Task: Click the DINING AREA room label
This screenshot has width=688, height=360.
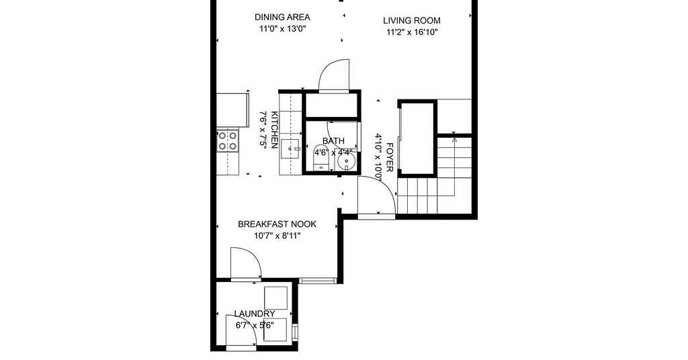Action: [x=282, y=17]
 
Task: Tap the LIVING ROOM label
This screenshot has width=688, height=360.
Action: [x=412, y=20]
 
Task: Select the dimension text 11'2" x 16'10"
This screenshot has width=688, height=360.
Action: [x=412, y=32]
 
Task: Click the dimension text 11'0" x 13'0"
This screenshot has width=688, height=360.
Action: [x=282, y=29]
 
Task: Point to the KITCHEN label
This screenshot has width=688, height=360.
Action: [x=275, y=130]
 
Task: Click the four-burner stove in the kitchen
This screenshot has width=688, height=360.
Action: [x=227, y=141]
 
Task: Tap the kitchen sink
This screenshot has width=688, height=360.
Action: [x=290, y=150]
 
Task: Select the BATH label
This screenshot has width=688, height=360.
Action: [x=333, y=141]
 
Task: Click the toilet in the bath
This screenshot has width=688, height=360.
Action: [x=320, y=157]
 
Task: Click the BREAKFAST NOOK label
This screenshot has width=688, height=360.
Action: [x=277, y=224]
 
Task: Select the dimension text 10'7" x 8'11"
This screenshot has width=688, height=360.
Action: [x=277, y=236]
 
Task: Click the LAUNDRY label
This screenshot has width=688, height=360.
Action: [x=255, y=314]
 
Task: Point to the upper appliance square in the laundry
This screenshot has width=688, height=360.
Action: [x=275, y=298]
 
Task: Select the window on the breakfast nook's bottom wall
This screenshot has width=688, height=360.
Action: [x=318, y=280]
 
